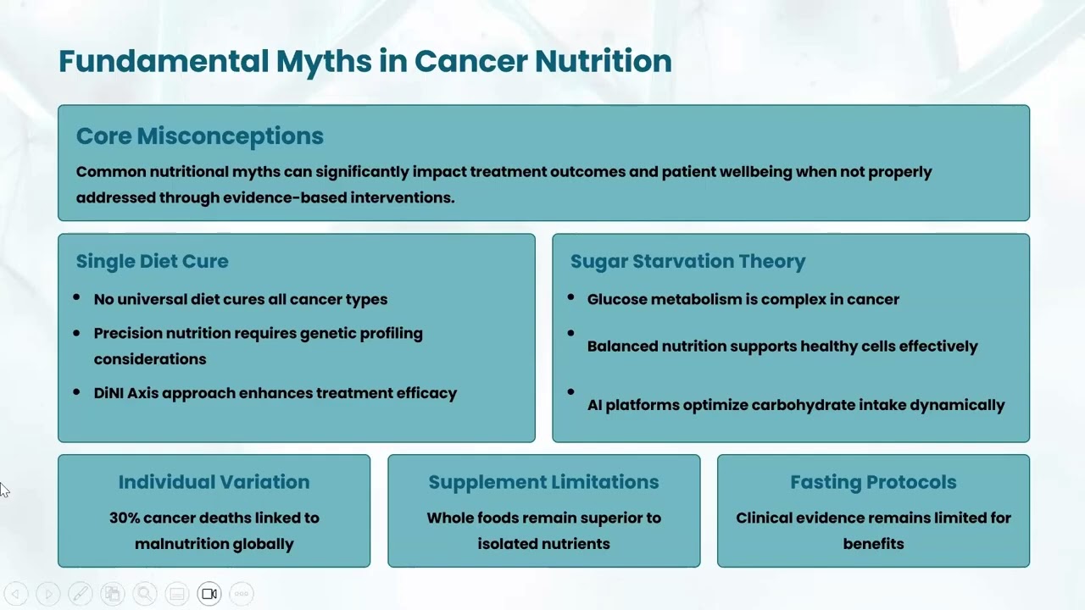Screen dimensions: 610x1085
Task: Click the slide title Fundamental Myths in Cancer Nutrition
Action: [364, 61]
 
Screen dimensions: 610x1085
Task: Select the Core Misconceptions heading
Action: [200, 136]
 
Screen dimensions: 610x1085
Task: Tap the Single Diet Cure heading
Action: [153, 261]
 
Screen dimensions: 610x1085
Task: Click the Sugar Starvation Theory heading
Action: [687, 261]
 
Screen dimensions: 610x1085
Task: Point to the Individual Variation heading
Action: [214, 482]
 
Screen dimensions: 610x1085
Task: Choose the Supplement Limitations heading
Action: [543, 482]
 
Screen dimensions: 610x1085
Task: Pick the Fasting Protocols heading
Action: [873, 482]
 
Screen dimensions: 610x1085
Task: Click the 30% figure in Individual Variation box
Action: [124, 518]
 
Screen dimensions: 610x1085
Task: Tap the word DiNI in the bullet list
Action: [108, 393]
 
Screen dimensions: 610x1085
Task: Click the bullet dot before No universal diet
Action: [77, 297]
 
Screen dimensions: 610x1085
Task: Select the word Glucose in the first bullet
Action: [616, 299]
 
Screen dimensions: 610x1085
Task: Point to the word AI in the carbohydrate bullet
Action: [595, 405]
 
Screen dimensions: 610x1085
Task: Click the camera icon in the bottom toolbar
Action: [209, 594]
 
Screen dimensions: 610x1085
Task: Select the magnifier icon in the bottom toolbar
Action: [144, 594]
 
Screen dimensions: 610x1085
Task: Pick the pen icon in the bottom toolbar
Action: [80, 594]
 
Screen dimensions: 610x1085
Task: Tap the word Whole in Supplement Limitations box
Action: [450, 518]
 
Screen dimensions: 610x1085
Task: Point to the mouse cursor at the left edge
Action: [4, 490]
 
